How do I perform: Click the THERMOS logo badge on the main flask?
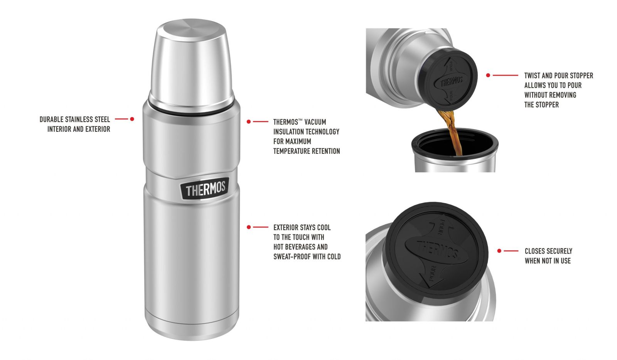click(x=205, y=188)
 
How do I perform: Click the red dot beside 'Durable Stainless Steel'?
click(x=132, y=119)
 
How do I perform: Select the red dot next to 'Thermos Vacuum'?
click(x=249, y=121)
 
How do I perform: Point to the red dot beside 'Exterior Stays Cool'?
click(x=249, y=227)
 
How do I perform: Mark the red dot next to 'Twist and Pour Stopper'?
click(x=488, y=75)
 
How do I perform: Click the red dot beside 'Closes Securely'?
click(x=499, y=251)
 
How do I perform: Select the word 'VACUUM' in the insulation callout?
click(x=315, y=122)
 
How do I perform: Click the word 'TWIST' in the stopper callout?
click(x=532, y=76)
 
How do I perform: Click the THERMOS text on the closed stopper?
click(x=438, y=250)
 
